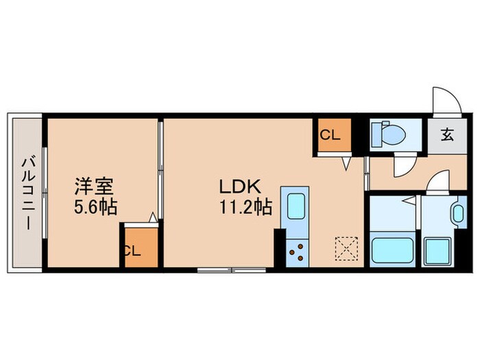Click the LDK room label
238,187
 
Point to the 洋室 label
94,186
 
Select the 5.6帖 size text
95,205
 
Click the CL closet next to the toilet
332,136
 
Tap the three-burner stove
298,253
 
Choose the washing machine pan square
437,251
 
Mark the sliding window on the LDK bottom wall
230,269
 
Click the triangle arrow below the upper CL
347,163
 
